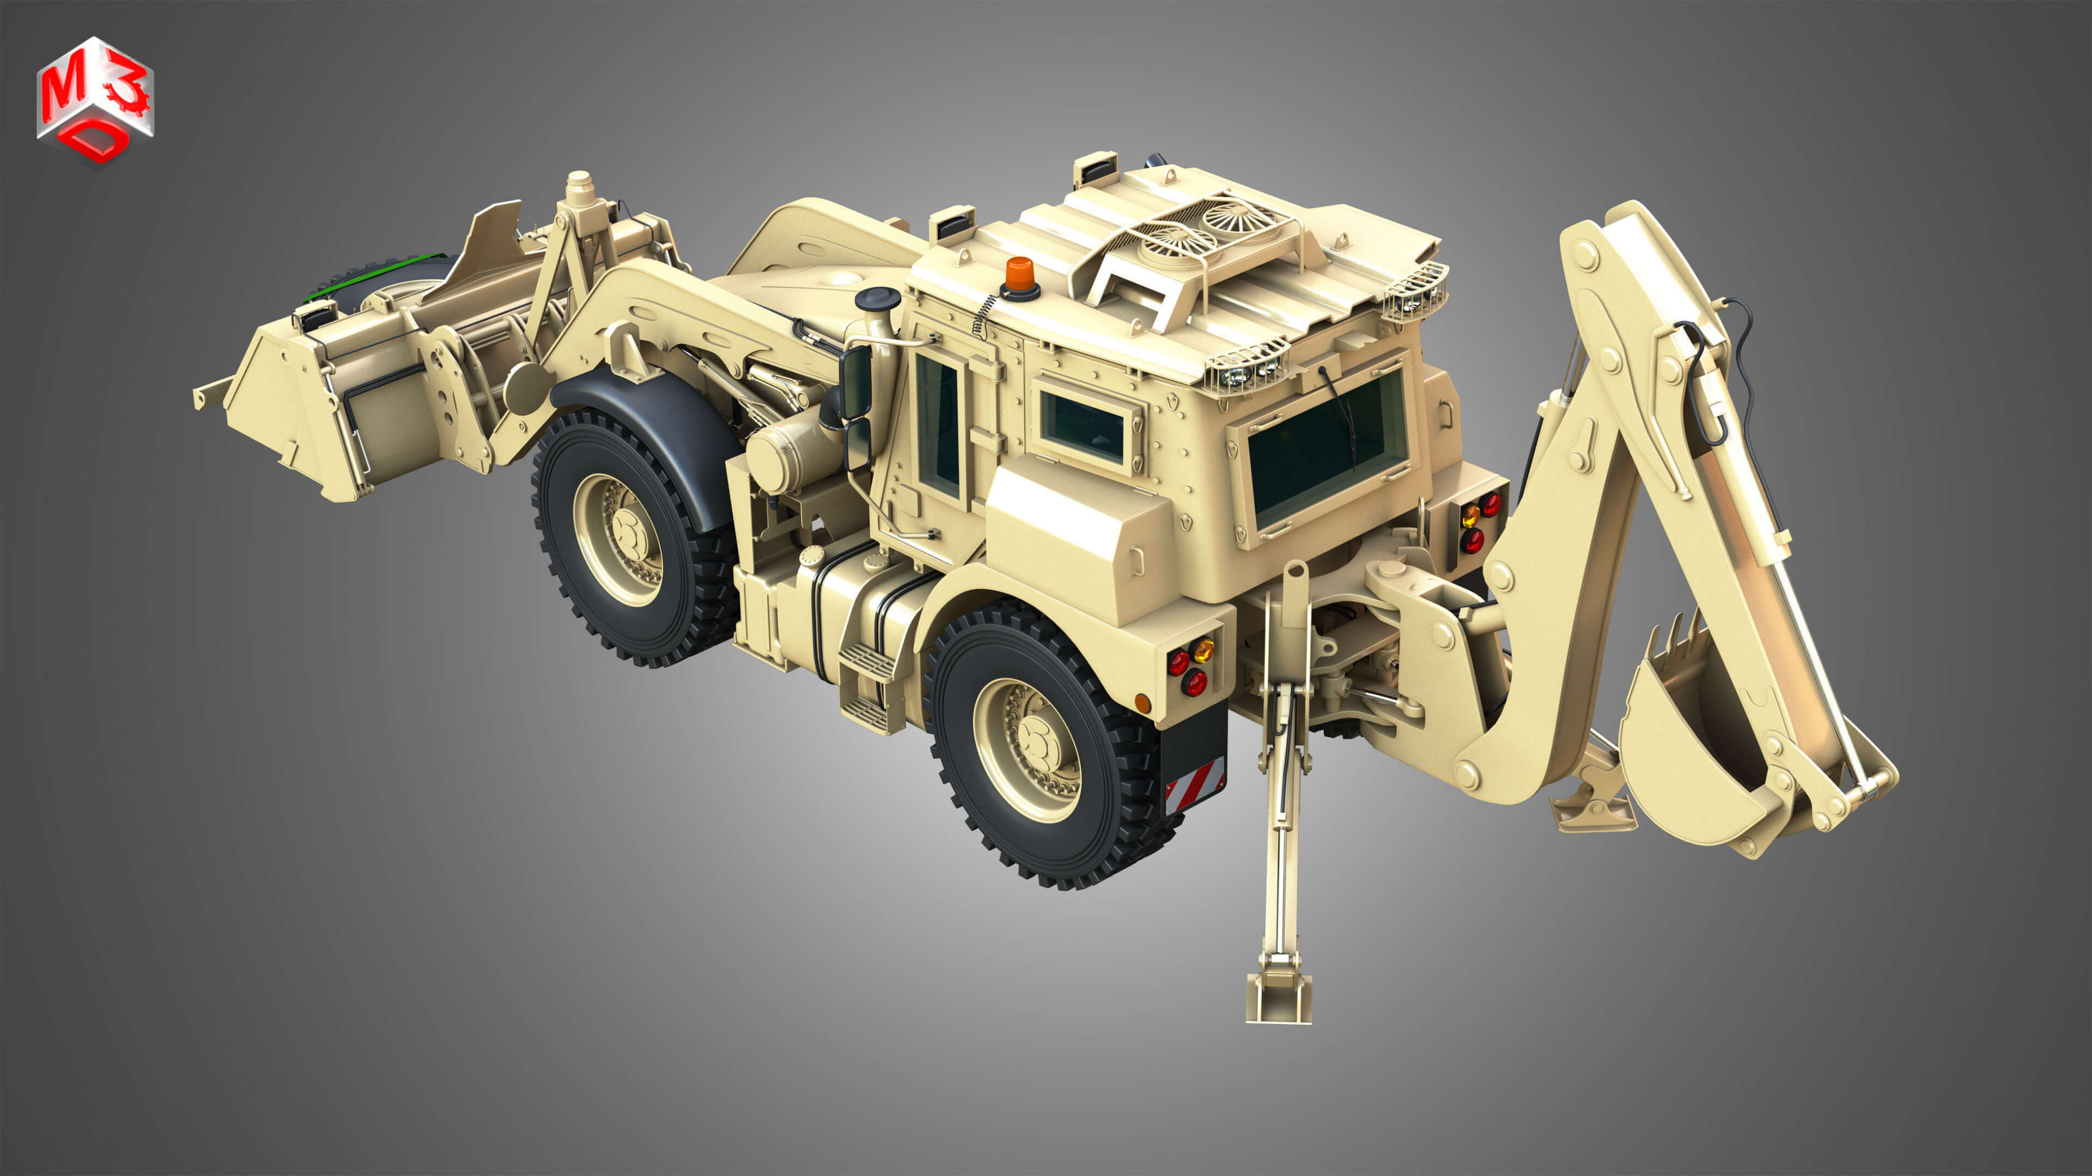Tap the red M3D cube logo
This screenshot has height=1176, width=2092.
(95, 101)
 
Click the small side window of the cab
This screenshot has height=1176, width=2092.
(1083, 428)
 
